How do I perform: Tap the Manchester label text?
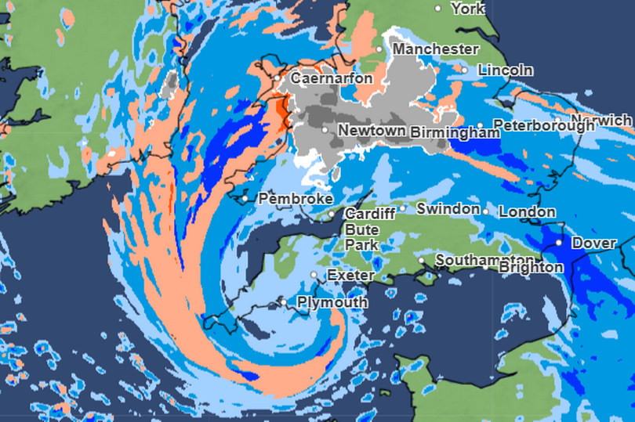(435, 49)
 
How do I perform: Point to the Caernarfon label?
(328, 78)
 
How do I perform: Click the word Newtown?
(372, 130)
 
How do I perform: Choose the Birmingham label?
(455, 132)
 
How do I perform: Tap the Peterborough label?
(543, 125)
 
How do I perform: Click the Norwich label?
(608, 121)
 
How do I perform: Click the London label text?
(527, 211)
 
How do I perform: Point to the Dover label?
(593, 243)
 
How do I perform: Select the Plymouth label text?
(332, 302)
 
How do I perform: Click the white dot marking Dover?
(558, 243)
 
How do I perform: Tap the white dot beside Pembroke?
(245, 199)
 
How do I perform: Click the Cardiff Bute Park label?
(362, 229)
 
